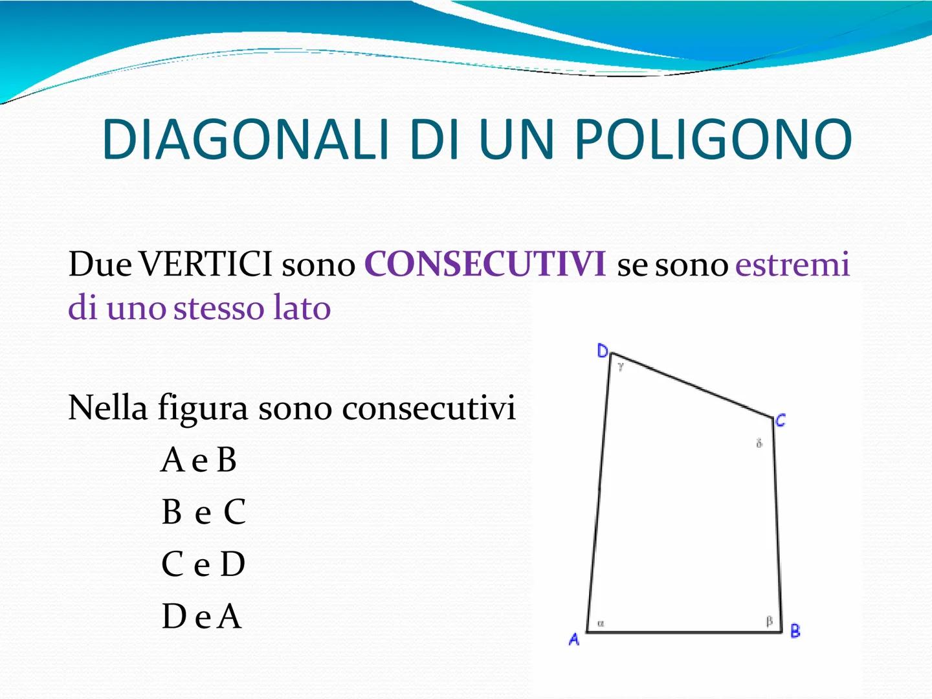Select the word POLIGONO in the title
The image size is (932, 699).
[713, 139]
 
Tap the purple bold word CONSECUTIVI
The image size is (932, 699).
[485, 264]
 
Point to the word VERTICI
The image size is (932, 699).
[206, 264]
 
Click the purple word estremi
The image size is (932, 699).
[792, 265]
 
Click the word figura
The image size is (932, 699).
[203, 408]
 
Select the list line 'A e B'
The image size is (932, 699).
[199, 460]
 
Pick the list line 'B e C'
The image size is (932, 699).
[204, 511]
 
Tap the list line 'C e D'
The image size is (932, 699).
[203, 564]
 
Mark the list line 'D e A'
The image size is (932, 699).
[202, 616]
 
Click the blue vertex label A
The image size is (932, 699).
[574, 639]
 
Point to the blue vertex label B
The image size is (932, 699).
[795, 630]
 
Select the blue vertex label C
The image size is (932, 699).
[781, 420]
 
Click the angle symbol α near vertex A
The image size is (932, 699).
[601, 623]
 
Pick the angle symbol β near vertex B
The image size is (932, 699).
[770, 622]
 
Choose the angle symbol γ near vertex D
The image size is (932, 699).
[621, 366]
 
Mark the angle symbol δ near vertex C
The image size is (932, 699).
[759, 443]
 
